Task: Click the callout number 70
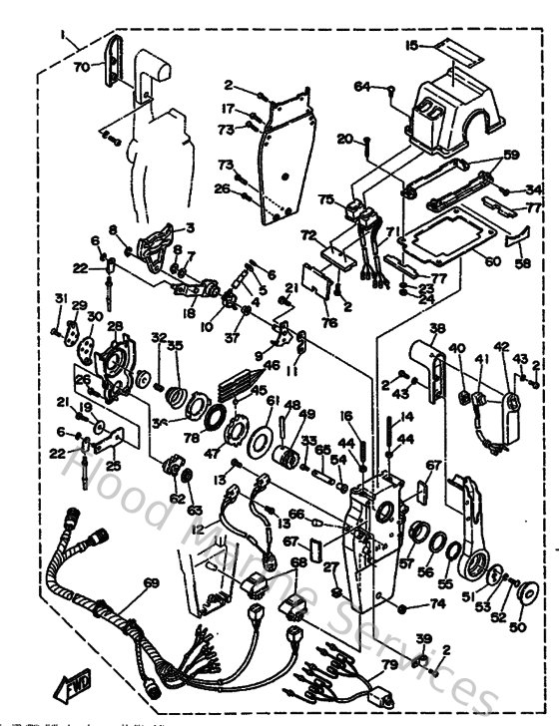pyautogui.click(x=81, y=66)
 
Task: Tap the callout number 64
pyautogui.click(x=362, y=88)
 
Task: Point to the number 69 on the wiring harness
pyautogui.click(x=152, y=581)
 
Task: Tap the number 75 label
pyautogui.click(x=324, y=199)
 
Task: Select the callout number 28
pyautogui.click(x=115, y=325)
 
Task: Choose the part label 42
pyautogui.click(x=501, y=347)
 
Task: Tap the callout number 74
pyautogui.click(x=436, y=604)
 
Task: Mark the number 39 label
pyautogui.click(x=422, y=638)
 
